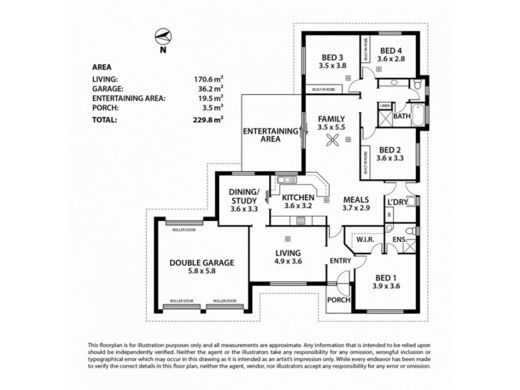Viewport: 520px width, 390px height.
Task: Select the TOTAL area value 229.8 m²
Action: tap(209, 120)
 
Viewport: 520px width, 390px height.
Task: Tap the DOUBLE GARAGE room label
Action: tap(201, 263)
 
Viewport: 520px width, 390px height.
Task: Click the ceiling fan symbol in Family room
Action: tap(333, 140)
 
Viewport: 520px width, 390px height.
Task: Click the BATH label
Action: tap(402, 118)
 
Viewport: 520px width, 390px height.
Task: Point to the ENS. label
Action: tap(400, 240)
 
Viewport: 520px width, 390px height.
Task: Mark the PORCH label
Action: tap(340, 300)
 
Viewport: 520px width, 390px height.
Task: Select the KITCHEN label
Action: tap(299, 197)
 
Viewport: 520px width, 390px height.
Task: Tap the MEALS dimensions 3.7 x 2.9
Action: tap(356, 209)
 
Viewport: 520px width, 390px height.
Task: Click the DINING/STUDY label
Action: tap(244, 196)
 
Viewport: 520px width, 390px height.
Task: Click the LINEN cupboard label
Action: tap(385, 105)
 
